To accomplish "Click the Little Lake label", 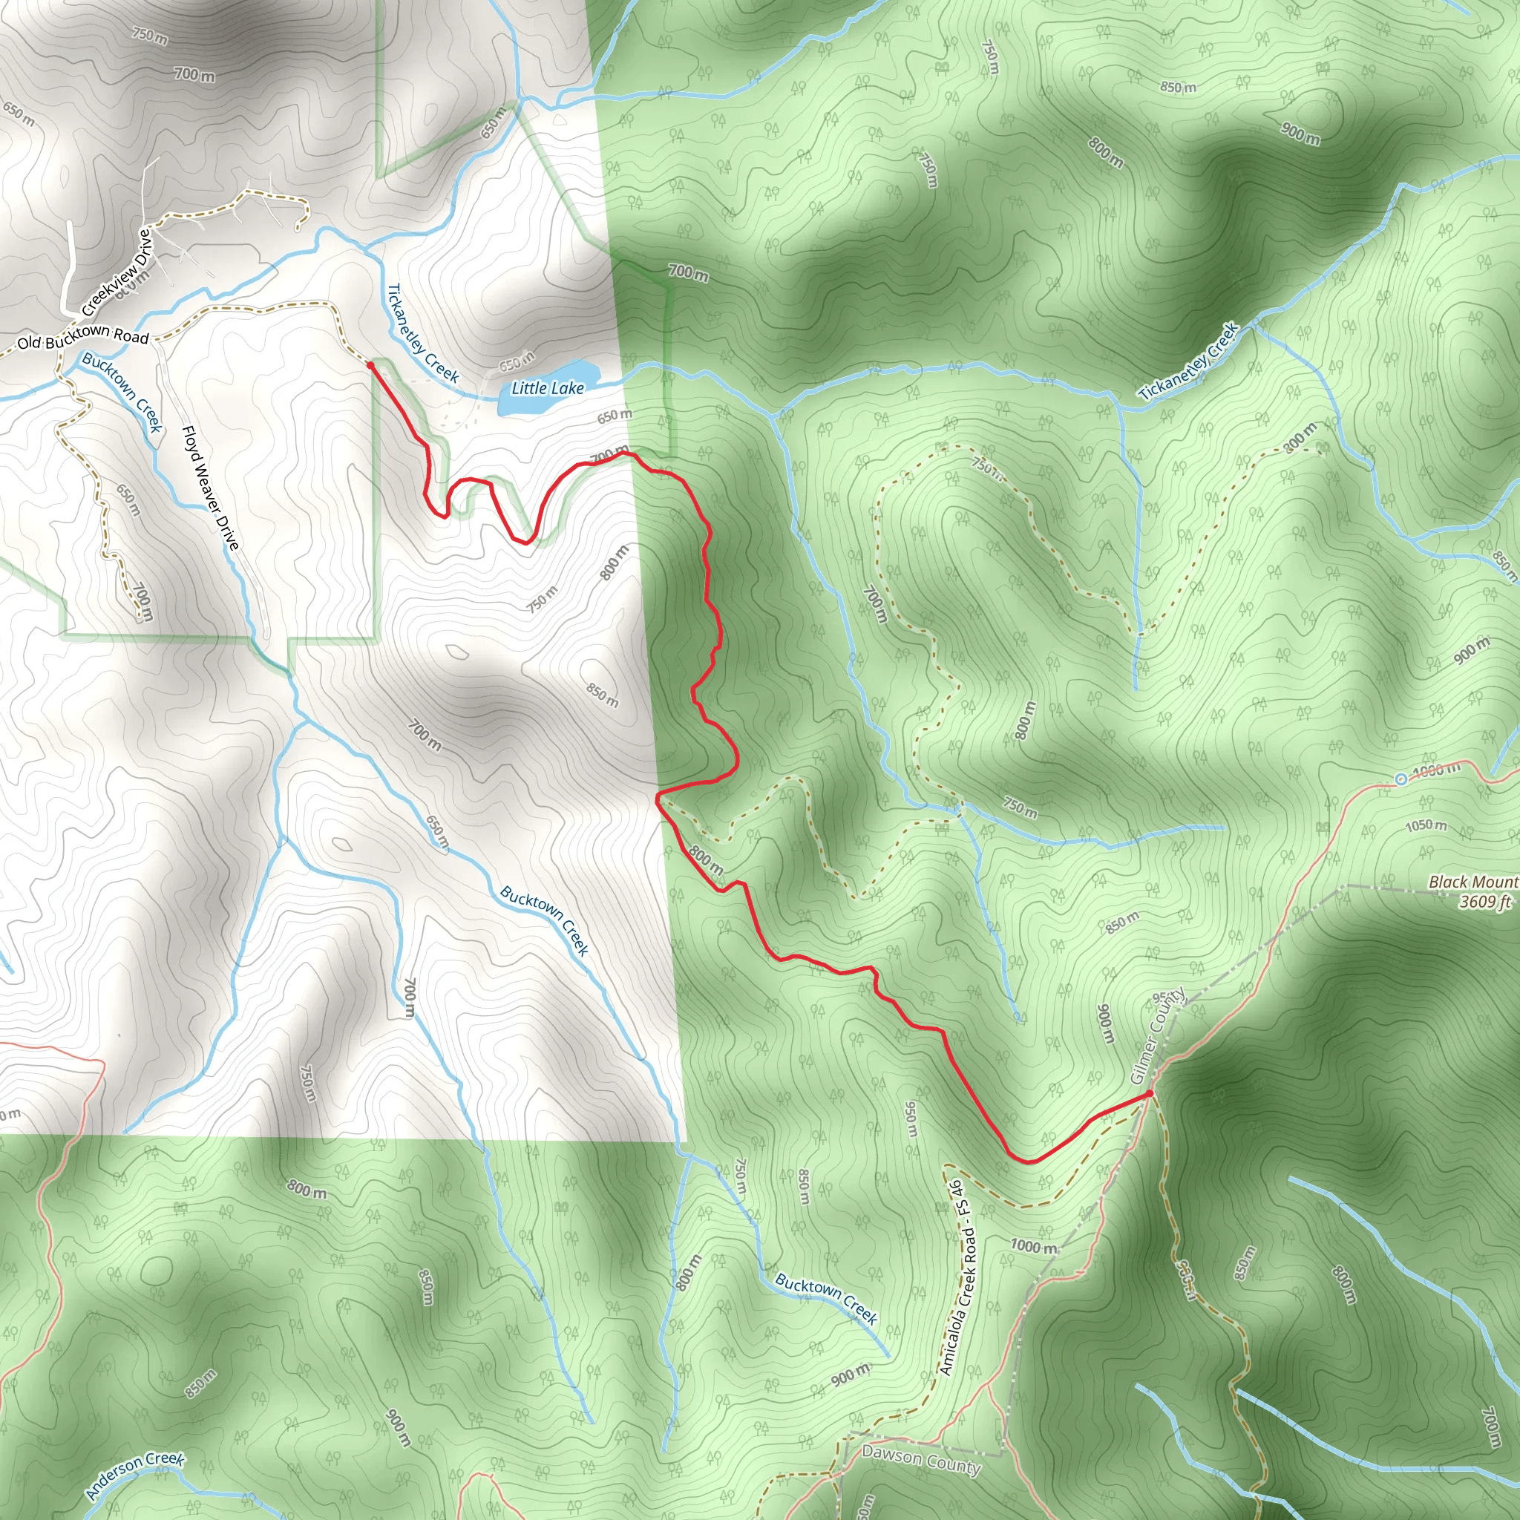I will (x=548, y=388).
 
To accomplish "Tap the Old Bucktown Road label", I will (x=82, y=338).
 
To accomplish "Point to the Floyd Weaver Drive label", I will (x=210, y=488).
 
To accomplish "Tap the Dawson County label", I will (x=920, y=1459).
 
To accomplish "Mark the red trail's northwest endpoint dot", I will (x=370, y=365).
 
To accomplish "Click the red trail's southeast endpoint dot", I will (x=1150, y=1093).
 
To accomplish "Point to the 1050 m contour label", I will (x=1426, y=825).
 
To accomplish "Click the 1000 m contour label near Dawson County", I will (x=1034, y=1246).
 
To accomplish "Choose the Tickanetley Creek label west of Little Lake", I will (x=422, y=332).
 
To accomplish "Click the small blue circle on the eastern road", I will (x=1401, y=779).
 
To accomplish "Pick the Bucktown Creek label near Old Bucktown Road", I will (x=122, y=392).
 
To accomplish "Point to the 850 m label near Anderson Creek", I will (x=200, y=1384).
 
